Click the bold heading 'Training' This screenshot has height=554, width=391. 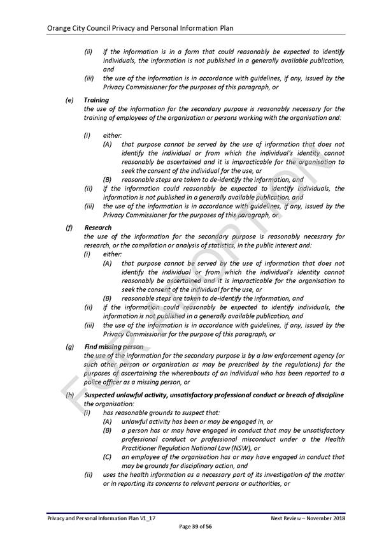(x=97, y=100)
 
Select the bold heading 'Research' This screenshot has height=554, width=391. (x=97, y=228)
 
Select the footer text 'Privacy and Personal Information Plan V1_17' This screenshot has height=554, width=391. (x=101, y=518)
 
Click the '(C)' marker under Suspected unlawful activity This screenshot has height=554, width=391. (x=108, y=457)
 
